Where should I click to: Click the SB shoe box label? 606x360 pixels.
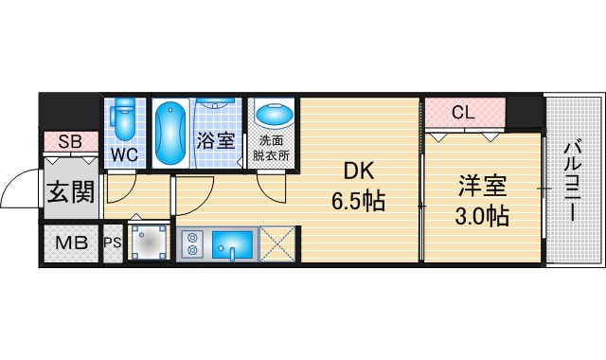(70, 142)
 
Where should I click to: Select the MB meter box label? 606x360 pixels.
(70, 243)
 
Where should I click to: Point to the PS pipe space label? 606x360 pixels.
(113, 243)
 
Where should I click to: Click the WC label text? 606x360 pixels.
(124, 153)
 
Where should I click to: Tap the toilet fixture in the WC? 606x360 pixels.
(122, 121)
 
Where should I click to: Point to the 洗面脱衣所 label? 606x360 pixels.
(273, 150)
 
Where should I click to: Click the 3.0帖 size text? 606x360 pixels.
(481, 216)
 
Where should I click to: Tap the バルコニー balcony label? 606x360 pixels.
(573, 180)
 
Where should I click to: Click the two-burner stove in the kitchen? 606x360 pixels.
(192, 244)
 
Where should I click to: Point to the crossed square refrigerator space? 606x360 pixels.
(277, 244)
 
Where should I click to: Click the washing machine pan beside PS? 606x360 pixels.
(149, 243)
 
